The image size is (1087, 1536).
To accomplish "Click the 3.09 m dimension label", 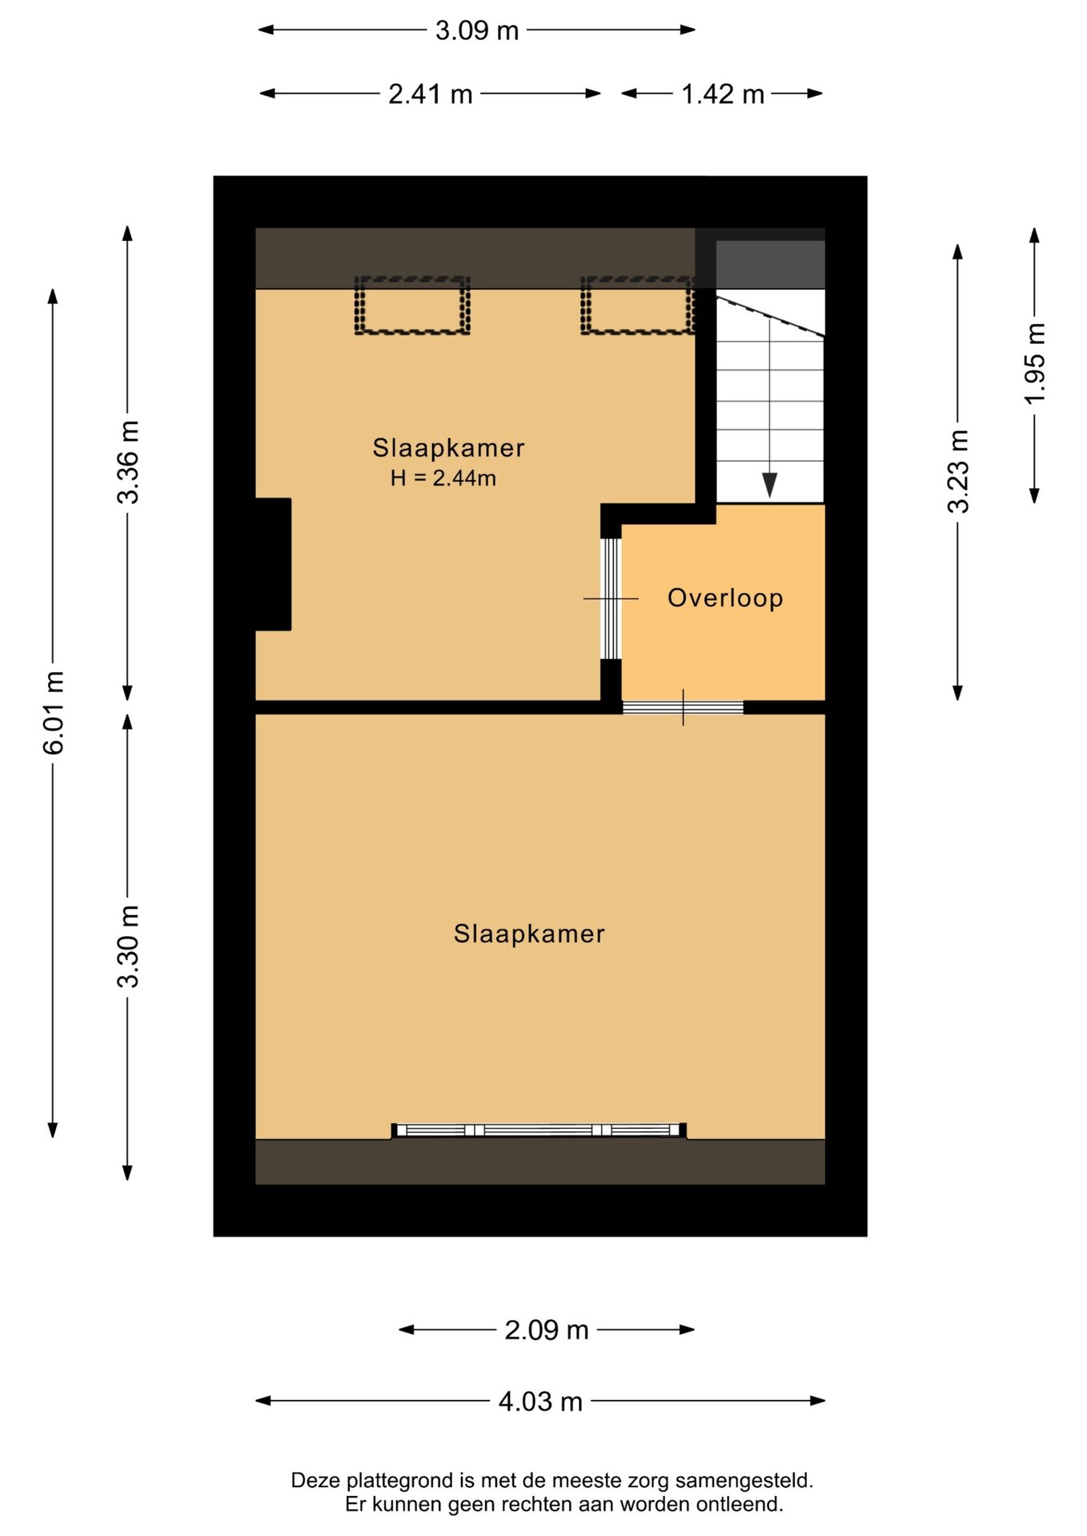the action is [x=477, y=30].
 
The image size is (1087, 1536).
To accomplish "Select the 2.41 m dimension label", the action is [x=431, y=94].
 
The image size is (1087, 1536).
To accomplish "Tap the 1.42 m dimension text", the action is [x=723, y=94].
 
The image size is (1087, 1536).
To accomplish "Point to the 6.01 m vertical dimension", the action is [x=54, y=713].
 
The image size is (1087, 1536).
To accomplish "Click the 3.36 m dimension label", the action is [x=128, y=462].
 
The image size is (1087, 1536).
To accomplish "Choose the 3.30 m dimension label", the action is [x=128, y=946].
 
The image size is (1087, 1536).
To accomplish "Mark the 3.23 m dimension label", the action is [x=958, y=471].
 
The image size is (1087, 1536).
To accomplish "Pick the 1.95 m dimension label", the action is [x=1035, y=363].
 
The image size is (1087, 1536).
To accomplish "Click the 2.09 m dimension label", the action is [x=547, y=1330].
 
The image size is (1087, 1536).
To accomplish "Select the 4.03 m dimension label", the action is [x=540, y=1402].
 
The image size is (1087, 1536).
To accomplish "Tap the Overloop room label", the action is [x=725, y=598].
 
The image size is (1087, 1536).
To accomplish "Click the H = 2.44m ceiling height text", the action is [x=443, y=478].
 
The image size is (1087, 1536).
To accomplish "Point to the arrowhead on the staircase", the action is [x=770, y=485].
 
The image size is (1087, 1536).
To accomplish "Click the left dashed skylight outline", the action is [x=412, y=305].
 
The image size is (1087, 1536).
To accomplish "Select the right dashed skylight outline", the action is [x=638, y=305].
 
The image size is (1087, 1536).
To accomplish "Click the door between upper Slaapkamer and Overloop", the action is [x=611, y=598].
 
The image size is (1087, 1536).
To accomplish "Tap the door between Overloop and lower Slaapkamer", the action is [x=683, y=707].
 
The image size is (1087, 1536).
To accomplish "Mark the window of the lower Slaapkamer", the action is [x=539, y=1130].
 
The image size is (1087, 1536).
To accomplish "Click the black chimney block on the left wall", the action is [x=273, y=565].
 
